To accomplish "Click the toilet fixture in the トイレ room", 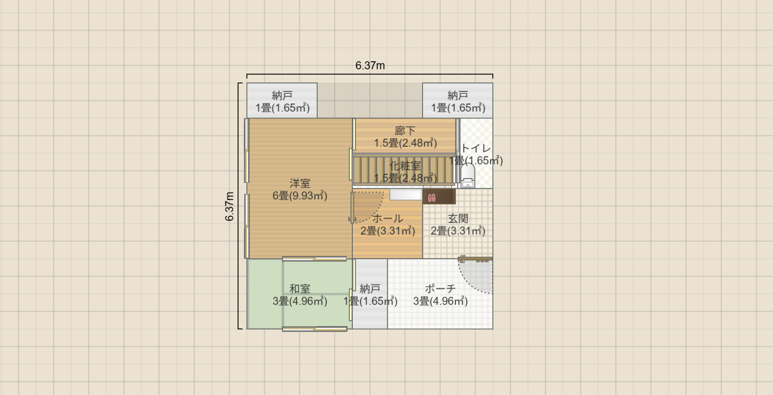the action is point(468,175).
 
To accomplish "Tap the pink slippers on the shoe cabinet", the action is point(431,198).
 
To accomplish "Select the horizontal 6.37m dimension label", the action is point(370,65).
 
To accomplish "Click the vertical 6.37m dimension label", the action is point(230,206).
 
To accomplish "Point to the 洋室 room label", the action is point(300,183).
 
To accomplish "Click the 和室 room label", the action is point(300,289).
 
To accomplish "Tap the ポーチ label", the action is point(440,289).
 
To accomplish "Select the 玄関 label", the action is point(458,218).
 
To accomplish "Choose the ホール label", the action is point(387,218).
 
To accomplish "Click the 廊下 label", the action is point(405,131).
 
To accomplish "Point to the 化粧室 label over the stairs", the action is point(405,166).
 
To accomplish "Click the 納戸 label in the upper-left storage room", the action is point(282,95).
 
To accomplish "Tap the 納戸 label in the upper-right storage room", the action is point(458,95).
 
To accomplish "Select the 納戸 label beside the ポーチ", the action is point(370,289).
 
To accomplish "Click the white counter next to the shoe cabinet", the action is point(406,194).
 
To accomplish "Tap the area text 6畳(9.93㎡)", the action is point(300,196).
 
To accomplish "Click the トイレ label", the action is point(476,148).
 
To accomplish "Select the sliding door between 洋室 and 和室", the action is point(314,259).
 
